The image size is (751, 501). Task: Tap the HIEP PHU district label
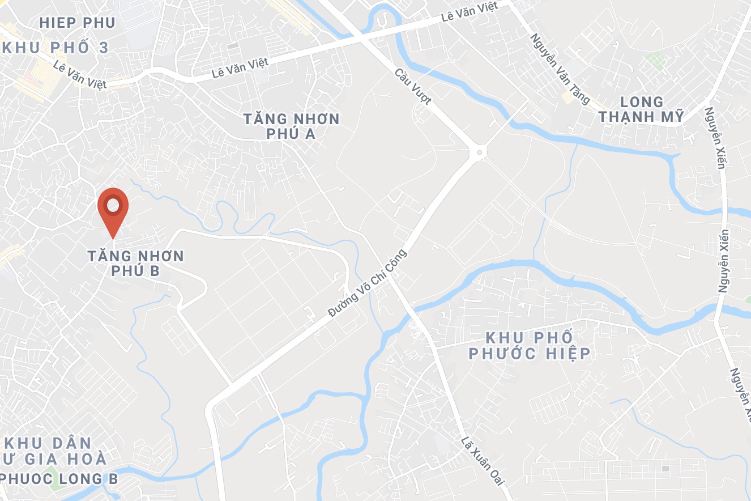click(78, 23)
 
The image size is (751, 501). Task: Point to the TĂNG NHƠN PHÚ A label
click(292, 126)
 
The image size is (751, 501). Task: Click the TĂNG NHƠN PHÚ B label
click(136, 263)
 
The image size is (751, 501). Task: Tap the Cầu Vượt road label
click(413, 87)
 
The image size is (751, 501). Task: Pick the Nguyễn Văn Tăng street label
click(560, 68)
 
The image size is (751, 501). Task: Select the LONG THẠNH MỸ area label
click(642, 109)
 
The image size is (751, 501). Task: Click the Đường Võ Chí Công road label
click(368, 283)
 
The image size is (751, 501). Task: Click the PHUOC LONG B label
click(59, 479)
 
